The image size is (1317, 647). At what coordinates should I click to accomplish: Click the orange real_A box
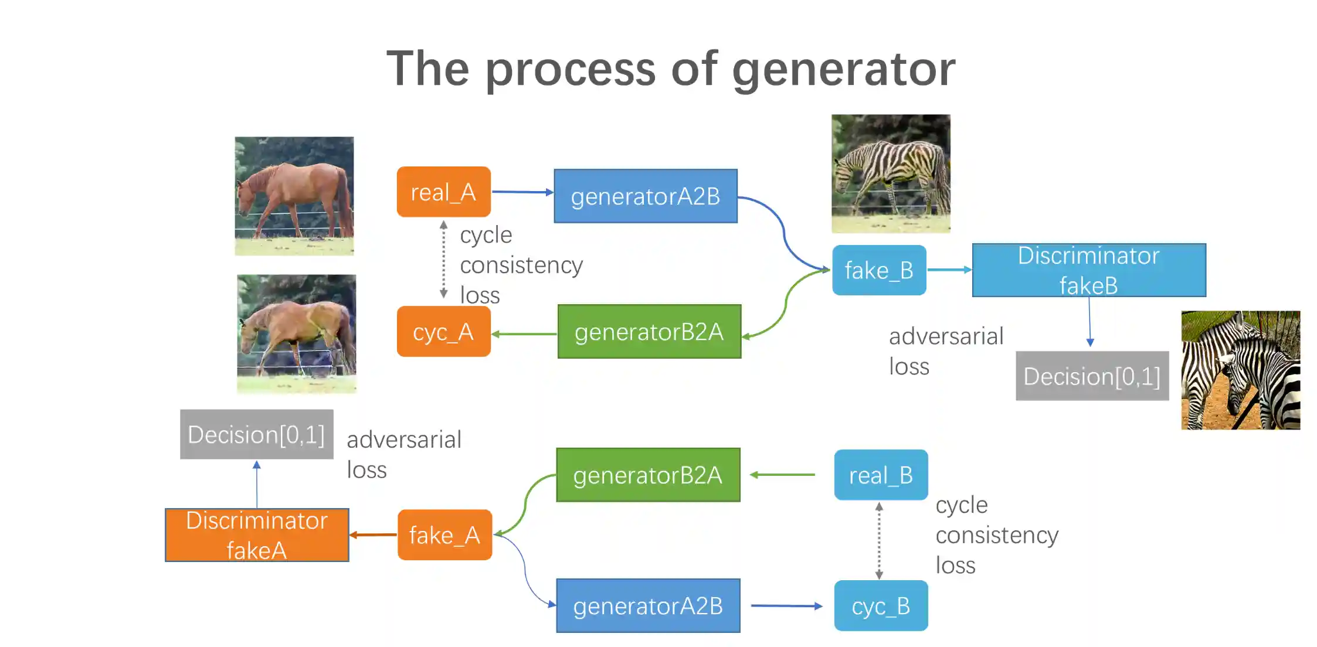click(443, 192)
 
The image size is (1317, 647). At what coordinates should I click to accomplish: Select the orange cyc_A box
click(443, 331)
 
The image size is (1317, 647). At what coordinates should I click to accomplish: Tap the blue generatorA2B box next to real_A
click(645, 196)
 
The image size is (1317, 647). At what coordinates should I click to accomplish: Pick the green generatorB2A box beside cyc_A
click(649, 331)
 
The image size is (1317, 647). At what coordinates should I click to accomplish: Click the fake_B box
click(878, 270)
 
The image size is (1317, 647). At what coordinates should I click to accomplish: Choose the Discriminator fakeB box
click(1088, 270)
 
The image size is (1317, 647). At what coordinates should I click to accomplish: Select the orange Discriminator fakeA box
click(257, 534)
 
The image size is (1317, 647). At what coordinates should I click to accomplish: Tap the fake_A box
click(444, 534)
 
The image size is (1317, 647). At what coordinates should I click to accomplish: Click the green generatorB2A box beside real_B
click(647, 475)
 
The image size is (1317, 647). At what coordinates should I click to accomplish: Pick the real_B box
click(881, 475)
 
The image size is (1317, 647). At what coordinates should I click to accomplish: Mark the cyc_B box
click(881, 605)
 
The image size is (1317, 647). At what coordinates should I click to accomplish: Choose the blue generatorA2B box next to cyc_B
click(647, 605)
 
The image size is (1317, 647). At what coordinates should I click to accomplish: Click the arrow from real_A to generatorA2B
click(522, 192)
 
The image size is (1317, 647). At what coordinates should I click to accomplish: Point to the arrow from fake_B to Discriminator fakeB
click(949, 270)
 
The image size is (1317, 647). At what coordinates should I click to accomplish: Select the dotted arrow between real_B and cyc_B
click(879, 540)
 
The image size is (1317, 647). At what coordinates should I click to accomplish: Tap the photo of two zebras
click(1240, 370)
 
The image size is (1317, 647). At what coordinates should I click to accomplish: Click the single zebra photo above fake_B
click(890, 173)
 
